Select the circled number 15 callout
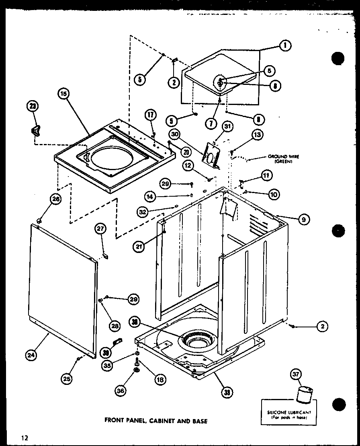click(x=63, y=94)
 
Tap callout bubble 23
click(x=32, y=107)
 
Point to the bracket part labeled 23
click(x=36, y=130)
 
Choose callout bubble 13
click(x=257, y=135)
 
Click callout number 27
click(x=100, y=229)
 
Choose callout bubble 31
click(x=227, y=127)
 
